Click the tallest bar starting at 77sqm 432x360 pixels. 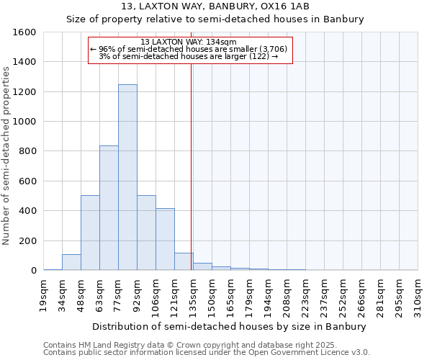pyautogui.click(x=127, y=177)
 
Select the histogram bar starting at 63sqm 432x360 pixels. pyautogui.click(x=109, y=208)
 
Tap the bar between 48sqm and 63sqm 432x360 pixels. pyautogui.click(x=90, y=233)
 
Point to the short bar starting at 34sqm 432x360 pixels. pyautogui.click(x=71, y=262)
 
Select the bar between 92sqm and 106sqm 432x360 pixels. pyautogui.click(x=146, y=233)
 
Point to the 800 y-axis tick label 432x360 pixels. pyautogui.click(x=27, y=151)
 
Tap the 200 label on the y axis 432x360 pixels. pyautogui.click(x=27, y=240)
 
